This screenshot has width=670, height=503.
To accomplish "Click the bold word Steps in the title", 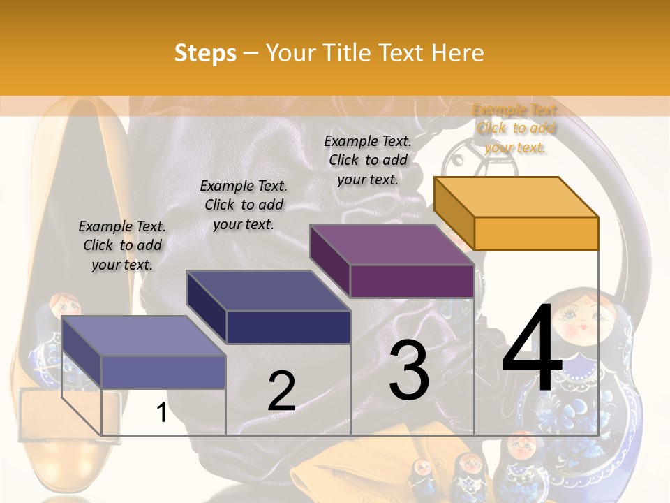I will point(205,53).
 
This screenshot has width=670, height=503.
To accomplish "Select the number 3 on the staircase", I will point(409,370).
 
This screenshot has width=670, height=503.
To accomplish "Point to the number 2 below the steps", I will point(281,391).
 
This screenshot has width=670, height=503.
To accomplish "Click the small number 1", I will point(161,413).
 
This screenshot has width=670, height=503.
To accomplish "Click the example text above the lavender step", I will point(122,245).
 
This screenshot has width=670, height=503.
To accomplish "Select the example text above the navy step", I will point(244,205).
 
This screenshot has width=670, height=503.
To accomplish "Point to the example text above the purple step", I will point(368,160).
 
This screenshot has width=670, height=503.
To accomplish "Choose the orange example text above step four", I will point(516,128).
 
